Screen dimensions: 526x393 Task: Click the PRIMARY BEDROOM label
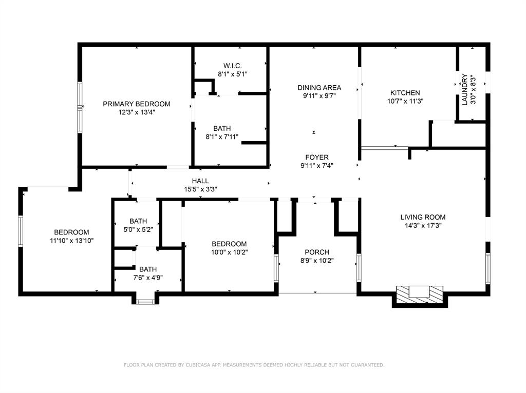coord(136,104)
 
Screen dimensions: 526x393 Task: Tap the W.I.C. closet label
coord(233,66)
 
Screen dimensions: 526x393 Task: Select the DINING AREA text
coord(319,87)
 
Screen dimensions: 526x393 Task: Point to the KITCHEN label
coord(405,93)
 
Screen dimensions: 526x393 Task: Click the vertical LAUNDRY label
coord(464,90)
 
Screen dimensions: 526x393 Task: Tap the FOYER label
coord(316,157)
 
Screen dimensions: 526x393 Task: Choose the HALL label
coord(200,181)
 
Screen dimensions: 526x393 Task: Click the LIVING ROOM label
coord(423,217)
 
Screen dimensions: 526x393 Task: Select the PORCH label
coord(316,252)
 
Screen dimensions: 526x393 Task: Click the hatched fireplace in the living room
coord(420,295)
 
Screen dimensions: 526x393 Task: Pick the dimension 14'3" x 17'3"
coord(423,225)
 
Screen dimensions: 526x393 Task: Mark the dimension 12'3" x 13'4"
coord(136,112)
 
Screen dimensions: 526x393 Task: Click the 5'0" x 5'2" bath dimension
coord(138,229)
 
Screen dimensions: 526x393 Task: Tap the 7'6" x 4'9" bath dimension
coord(148,278)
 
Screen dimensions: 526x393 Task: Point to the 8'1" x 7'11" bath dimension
coord(222,136)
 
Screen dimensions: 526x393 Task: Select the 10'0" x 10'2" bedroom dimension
coord(229,252)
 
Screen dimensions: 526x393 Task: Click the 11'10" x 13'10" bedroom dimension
coord(71,241)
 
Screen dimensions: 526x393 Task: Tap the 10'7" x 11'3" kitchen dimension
coord(405,101)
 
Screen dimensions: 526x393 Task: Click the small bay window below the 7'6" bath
coord(145,302)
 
